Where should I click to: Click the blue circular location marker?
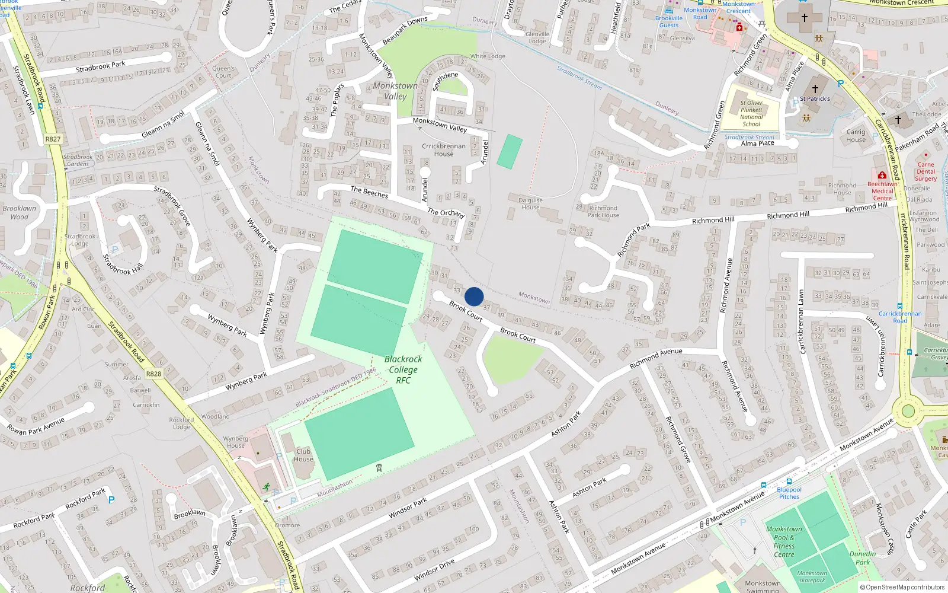[474, 296]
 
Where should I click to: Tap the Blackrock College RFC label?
[403, 369]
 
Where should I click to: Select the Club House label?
[303, 455]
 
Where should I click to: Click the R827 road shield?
[53, 139]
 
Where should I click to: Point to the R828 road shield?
[153, 374]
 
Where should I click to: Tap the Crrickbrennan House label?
[444, 149]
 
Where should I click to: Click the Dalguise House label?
[530, 203]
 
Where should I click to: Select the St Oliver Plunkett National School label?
[751, 113]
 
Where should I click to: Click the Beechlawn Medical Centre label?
[882, 191]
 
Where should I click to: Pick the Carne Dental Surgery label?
[925, 171]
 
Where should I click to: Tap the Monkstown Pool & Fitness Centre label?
[784, 541]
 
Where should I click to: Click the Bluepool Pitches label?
[789, 493]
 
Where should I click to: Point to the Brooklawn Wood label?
[20, 212]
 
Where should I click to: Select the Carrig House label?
[856, 136]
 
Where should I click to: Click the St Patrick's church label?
[815, 98]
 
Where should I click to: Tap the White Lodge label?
[488, 56]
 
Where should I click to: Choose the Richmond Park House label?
[603, 212]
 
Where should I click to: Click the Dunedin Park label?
[863, 558]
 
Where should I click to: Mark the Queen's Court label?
[223, 72]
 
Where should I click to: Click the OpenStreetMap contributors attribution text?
[902, 587]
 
